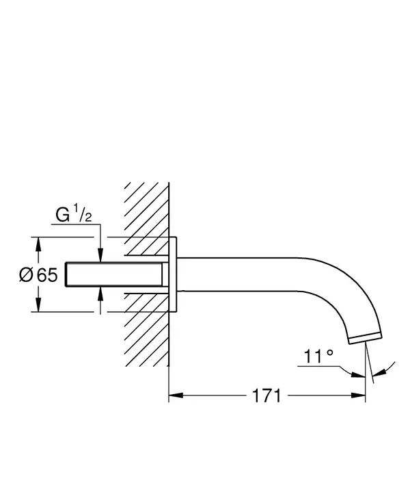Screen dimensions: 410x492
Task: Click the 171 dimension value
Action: pos(266,396)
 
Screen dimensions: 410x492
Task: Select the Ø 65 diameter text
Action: pos(38,275)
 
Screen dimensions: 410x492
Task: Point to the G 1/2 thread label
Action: pos(74,214)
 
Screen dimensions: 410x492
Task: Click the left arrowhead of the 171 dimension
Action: pos(176,396)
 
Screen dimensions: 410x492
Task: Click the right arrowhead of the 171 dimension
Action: pos(358,396)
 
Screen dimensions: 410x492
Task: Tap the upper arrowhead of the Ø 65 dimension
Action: pos(38,244)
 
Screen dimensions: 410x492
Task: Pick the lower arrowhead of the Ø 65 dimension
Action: pos(38,305)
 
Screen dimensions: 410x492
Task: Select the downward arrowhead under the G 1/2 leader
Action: pos(100,255)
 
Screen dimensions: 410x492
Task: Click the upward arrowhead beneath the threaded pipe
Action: pos(100,294)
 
